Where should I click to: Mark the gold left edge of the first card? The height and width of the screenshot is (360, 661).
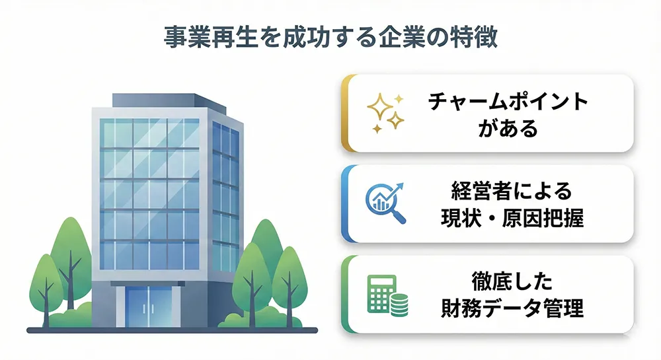pos(344,113)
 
